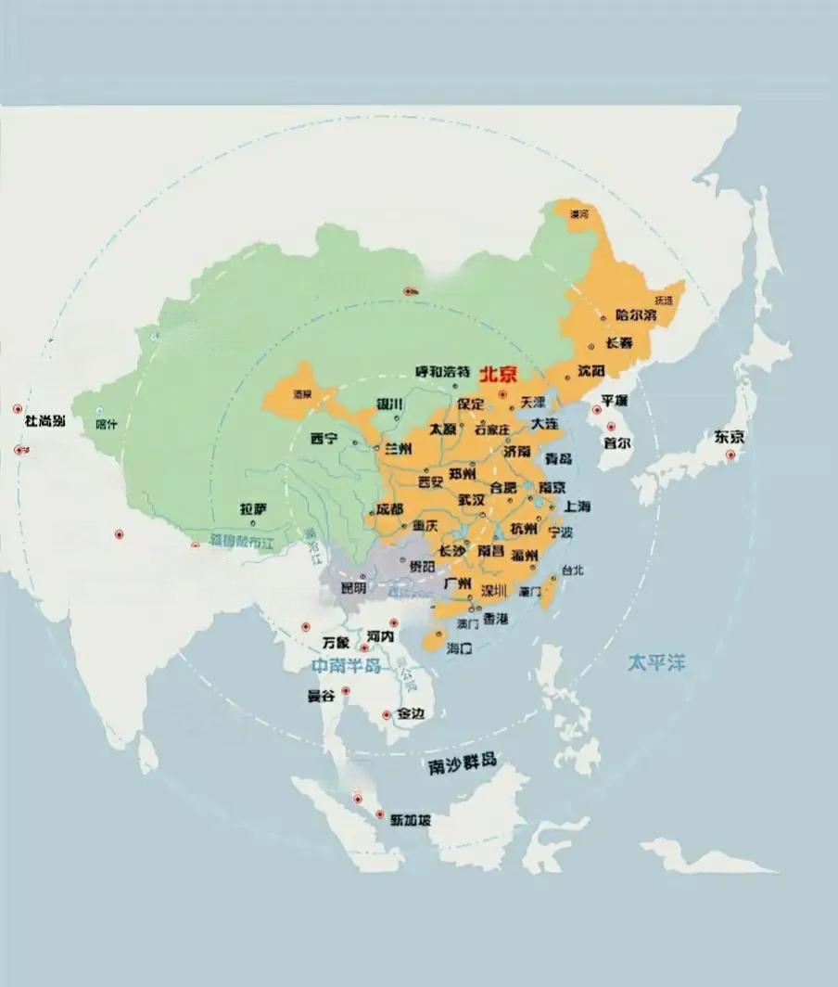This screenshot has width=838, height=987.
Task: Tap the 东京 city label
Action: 729,437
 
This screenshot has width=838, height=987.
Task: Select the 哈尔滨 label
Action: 635,315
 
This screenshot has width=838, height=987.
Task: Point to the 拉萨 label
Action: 253,509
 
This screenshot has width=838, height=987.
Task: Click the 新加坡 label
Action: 410,820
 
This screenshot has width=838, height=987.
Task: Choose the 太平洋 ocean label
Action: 656,662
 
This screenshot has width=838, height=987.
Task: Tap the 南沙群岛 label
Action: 463,763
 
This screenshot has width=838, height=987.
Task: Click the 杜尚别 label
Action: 44,421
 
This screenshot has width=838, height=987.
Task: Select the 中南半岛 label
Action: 346,666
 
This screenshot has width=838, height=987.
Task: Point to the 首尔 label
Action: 616,442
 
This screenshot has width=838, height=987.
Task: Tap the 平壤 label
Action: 615,401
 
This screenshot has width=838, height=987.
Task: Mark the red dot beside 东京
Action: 730,455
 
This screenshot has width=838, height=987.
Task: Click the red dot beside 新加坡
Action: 379,814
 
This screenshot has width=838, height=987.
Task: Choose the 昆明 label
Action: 353,587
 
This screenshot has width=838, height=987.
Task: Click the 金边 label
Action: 411,714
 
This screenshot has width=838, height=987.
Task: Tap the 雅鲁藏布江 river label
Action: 243,540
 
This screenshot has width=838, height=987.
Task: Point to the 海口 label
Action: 460,648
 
